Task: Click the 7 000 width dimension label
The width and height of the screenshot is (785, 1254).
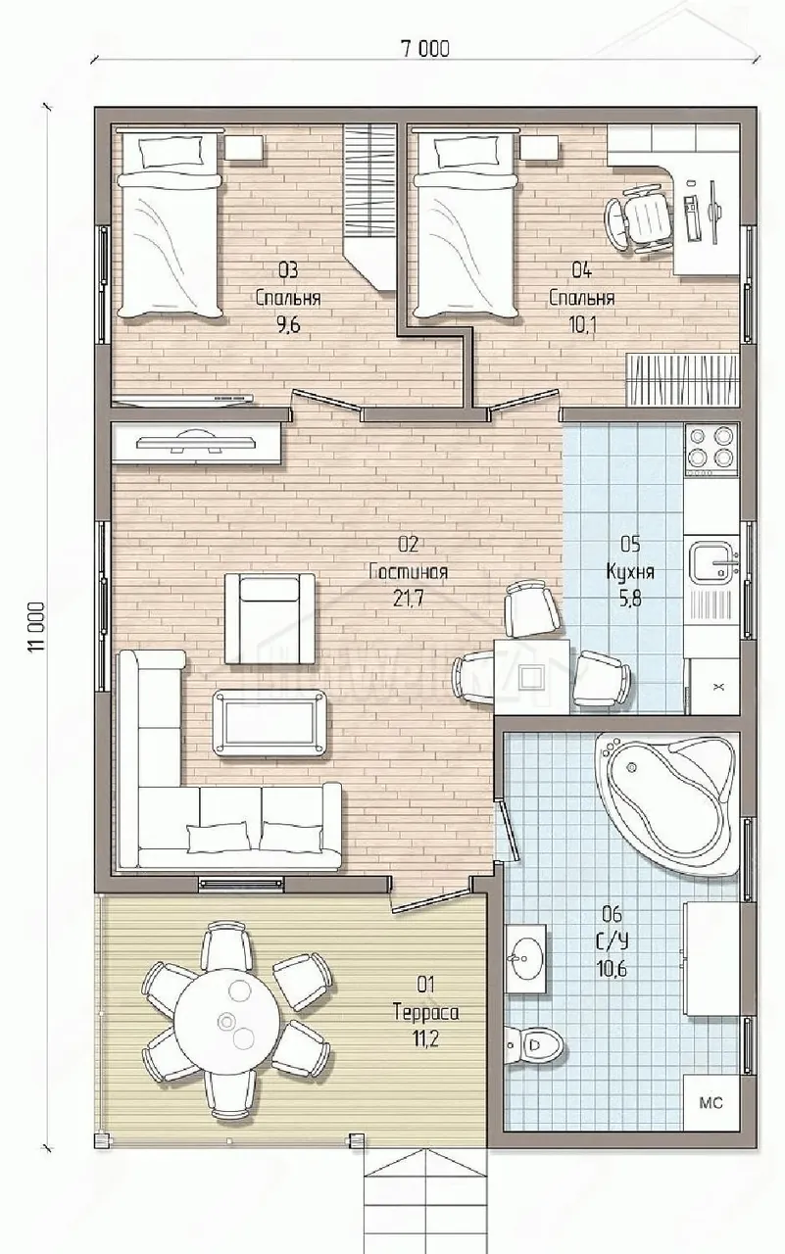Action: (425, 49)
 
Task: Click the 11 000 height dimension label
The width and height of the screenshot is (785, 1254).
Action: (37, 627)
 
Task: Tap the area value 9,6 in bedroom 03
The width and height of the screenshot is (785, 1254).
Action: (288, 324)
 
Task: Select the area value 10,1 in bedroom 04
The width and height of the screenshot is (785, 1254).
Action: (582, 324)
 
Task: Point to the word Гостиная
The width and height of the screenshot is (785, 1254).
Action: (409, 572)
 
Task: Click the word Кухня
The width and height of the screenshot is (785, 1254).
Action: (630, 571)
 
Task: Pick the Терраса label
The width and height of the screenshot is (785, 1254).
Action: (426, 1013)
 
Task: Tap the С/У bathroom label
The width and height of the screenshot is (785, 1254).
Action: (612, 941)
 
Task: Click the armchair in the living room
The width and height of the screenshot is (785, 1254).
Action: (270, 618)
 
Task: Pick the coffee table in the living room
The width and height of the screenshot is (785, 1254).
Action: (271, 723)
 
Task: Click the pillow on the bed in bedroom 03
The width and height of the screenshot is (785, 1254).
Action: (172, 151)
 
